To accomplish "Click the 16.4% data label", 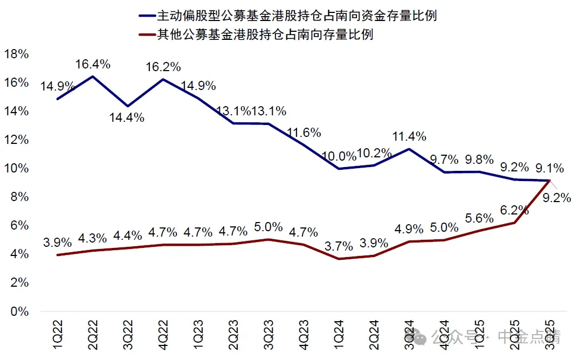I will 93,64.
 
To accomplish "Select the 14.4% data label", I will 127,117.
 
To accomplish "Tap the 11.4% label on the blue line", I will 409,136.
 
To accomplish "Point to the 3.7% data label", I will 339,246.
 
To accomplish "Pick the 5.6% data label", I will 479,218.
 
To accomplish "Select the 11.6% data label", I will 304,132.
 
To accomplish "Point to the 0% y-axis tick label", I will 19,311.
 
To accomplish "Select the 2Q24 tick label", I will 374,335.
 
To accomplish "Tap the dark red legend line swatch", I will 147,35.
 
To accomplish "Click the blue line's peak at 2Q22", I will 93,77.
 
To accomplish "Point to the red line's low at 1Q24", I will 339,259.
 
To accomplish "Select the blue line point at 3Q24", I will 409,149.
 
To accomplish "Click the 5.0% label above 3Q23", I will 268,227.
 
